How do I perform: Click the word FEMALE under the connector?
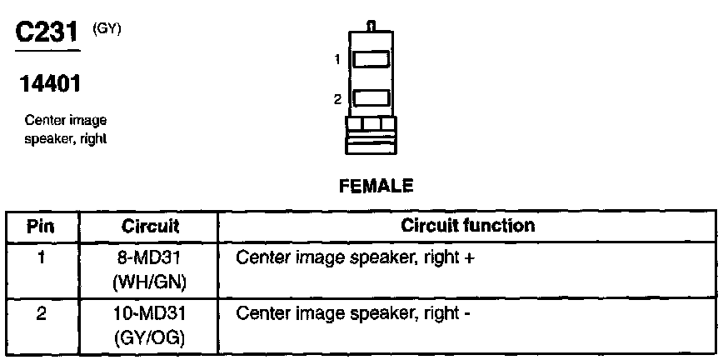(x=375, y=187)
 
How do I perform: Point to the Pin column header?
(x=42, y=226)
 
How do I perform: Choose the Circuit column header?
(x=150, y=226)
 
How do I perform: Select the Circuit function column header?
(x=467, y=226)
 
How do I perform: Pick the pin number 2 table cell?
(x=41, y=314)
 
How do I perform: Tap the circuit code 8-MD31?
(x=150, y=258)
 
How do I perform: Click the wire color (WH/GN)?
(x=150, y=282)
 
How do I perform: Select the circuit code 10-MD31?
(x=150, y=315)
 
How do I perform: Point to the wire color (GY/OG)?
(x=150, y=339)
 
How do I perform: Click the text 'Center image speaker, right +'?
(x=356, y=258)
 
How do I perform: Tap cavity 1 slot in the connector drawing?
(x=371, y=60)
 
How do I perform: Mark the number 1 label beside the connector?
(x=337, y=59)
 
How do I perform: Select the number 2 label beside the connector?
(x=337, y=99)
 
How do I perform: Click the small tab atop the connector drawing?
(x=372, y=27)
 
